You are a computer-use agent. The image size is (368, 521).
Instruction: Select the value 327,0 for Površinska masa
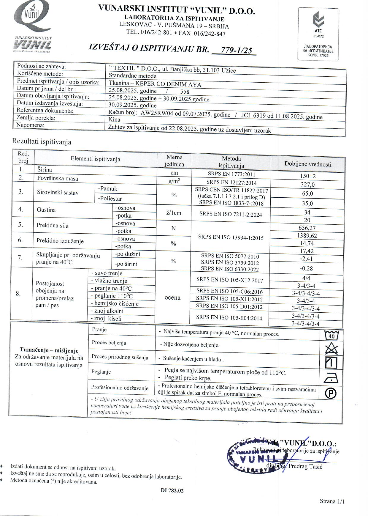307,185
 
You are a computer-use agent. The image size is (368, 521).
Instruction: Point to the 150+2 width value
308,176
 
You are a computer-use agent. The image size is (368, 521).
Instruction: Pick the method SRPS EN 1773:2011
231,174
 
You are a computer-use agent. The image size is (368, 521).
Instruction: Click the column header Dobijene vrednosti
308,164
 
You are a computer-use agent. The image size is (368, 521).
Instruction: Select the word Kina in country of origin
115,119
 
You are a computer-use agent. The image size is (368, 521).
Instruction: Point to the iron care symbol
331,378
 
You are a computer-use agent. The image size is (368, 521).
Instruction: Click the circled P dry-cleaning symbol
331,393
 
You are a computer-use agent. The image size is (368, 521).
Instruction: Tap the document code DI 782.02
172,490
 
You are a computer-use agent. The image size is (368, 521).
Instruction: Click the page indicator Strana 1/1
332,501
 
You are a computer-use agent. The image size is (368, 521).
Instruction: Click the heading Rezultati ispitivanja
42,141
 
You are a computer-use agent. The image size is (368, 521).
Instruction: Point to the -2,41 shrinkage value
307,259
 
